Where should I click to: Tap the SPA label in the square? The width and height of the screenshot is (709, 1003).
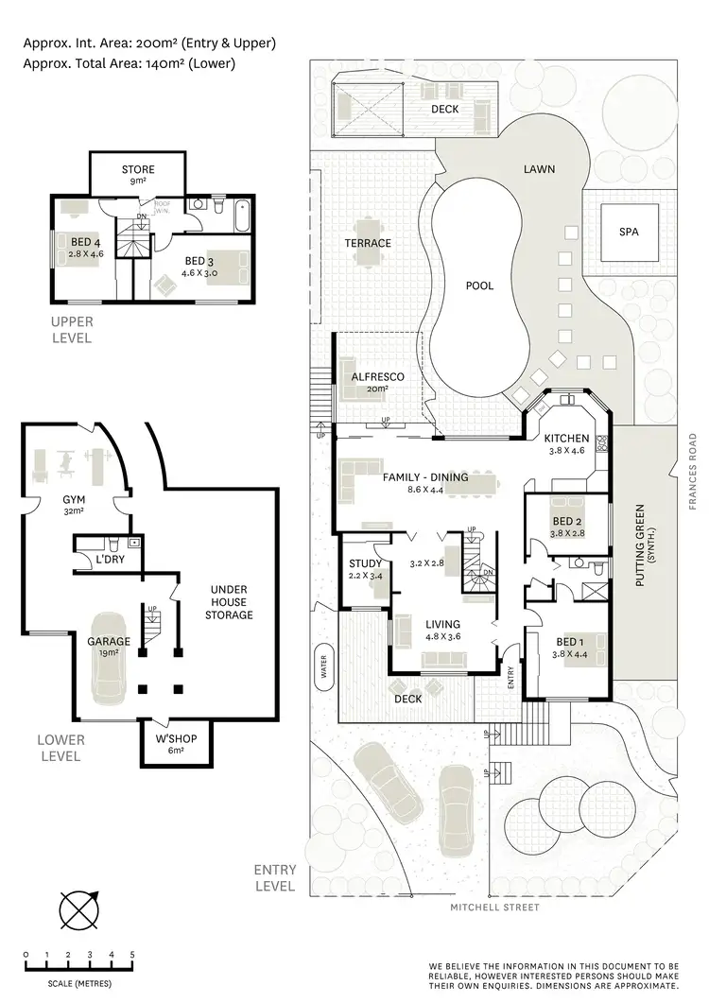[628, 232]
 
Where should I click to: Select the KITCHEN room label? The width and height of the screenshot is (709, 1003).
[567, 439]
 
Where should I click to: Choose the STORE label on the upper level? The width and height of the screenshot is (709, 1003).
[138, 169]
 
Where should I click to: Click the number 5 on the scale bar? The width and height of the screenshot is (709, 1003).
[132, 954]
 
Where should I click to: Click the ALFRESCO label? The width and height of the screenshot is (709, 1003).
[378, 376]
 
